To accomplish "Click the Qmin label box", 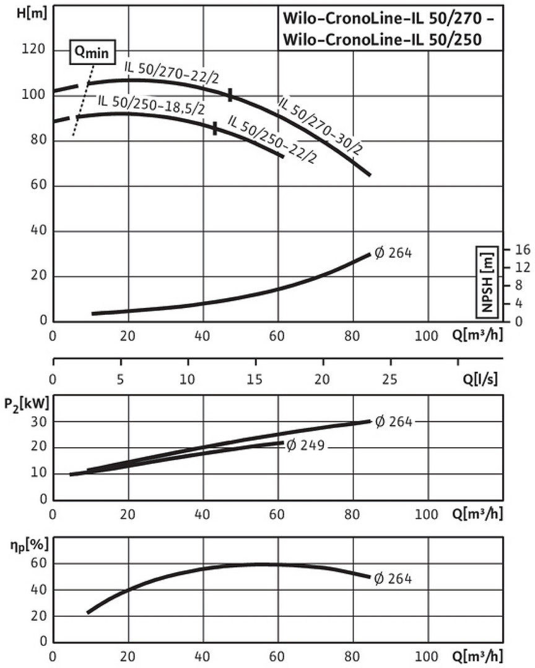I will [92, 53].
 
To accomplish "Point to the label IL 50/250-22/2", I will [272, 139].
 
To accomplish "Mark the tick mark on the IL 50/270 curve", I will [230, 95].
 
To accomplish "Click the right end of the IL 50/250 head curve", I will [282, 156].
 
